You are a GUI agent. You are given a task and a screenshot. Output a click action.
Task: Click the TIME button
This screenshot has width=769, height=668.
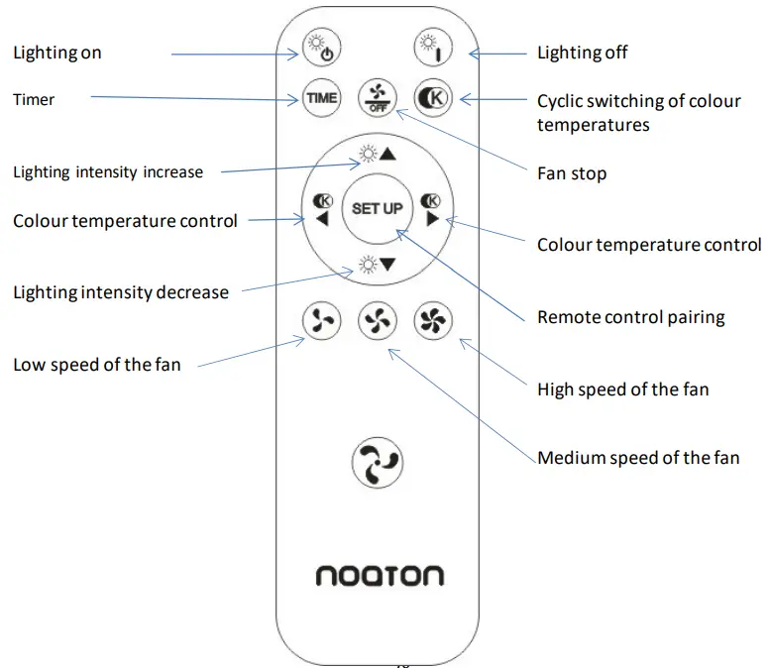(x=321, y=98)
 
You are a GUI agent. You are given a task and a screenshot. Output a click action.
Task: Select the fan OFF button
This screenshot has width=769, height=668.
(x=377, y=97)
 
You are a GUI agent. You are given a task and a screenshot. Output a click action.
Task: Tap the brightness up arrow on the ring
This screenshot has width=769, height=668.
(x=377, y=154)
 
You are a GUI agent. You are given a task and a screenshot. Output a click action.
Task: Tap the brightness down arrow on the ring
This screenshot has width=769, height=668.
(x=377, y=265)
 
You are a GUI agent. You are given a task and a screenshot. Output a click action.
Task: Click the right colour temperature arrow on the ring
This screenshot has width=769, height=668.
(x=431, y=209)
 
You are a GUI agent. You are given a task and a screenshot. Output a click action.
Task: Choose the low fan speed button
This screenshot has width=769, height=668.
(x=321, y=320)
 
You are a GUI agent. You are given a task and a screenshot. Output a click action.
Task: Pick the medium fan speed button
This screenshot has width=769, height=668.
(x=377, y=320)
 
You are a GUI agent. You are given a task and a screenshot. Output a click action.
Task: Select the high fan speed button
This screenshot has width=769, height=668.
(x=432, y=320)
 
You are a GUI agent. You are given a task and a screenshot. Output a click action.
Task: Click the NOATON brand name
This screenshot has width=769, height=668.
(x=380, y=576)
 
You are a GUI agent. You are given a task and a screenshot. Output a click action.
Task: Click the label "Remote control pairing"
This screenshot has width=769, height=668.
(x=630, y=317)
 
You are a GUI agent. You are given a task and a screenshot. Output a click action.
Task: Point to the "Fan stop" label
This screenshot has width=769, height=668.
(x=571, y=173)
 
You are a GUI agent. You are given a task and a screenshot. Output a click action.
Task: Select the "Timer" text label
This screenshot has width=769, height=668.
(x=34, y=99)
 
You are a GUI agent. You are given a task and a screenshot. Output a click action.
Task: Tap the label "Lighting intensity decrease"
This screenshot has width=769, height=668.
(x=120, y=292)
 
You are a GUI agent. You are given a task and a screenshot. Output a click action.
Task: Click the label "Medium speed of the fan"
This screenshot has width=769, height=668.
(x=638, y=458)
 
